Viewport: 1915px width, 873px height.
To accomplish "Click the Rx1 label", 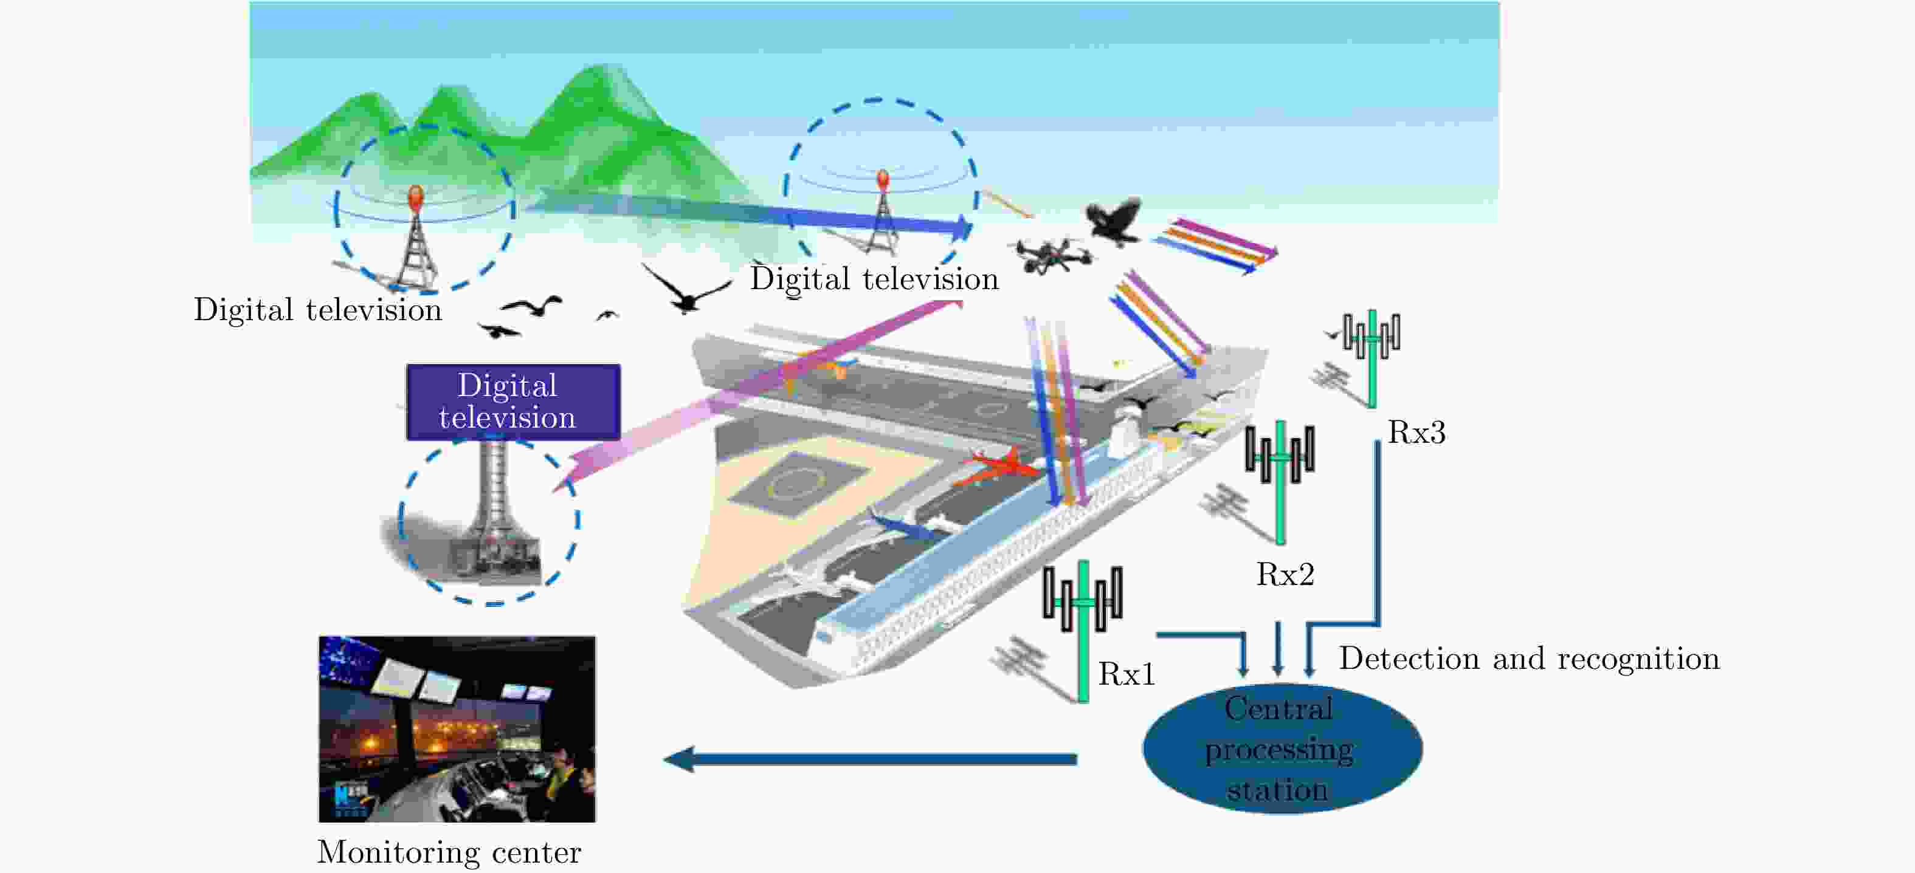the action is point(1127,674).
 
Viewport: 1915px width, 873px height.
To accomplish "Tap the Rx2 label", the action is point(1285,574).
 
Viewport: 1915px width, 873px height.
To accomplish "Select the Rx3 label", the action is point(1416,433).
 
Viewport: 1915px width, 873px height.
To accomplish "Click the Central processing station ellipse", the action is point(1282,748).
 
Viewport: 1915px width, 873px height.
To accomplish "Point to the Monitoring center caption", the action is point(449,852).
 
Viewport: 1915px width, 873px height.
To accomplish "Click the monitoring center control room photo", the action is point(457,729).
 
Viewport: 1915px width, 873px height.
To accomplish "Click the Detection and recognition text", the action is point(1529,659).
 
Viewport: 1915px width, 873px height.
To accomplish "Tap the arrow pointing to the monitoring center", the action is point(870,759).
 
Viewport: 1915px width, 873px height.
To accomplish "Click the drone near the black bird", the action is point(1054,255).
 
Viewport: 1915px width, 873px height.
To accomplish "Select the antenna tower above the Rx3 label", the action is point(1372,358).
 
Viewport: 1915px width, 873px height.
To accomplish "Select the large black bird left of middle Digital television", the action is point(685,290).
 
